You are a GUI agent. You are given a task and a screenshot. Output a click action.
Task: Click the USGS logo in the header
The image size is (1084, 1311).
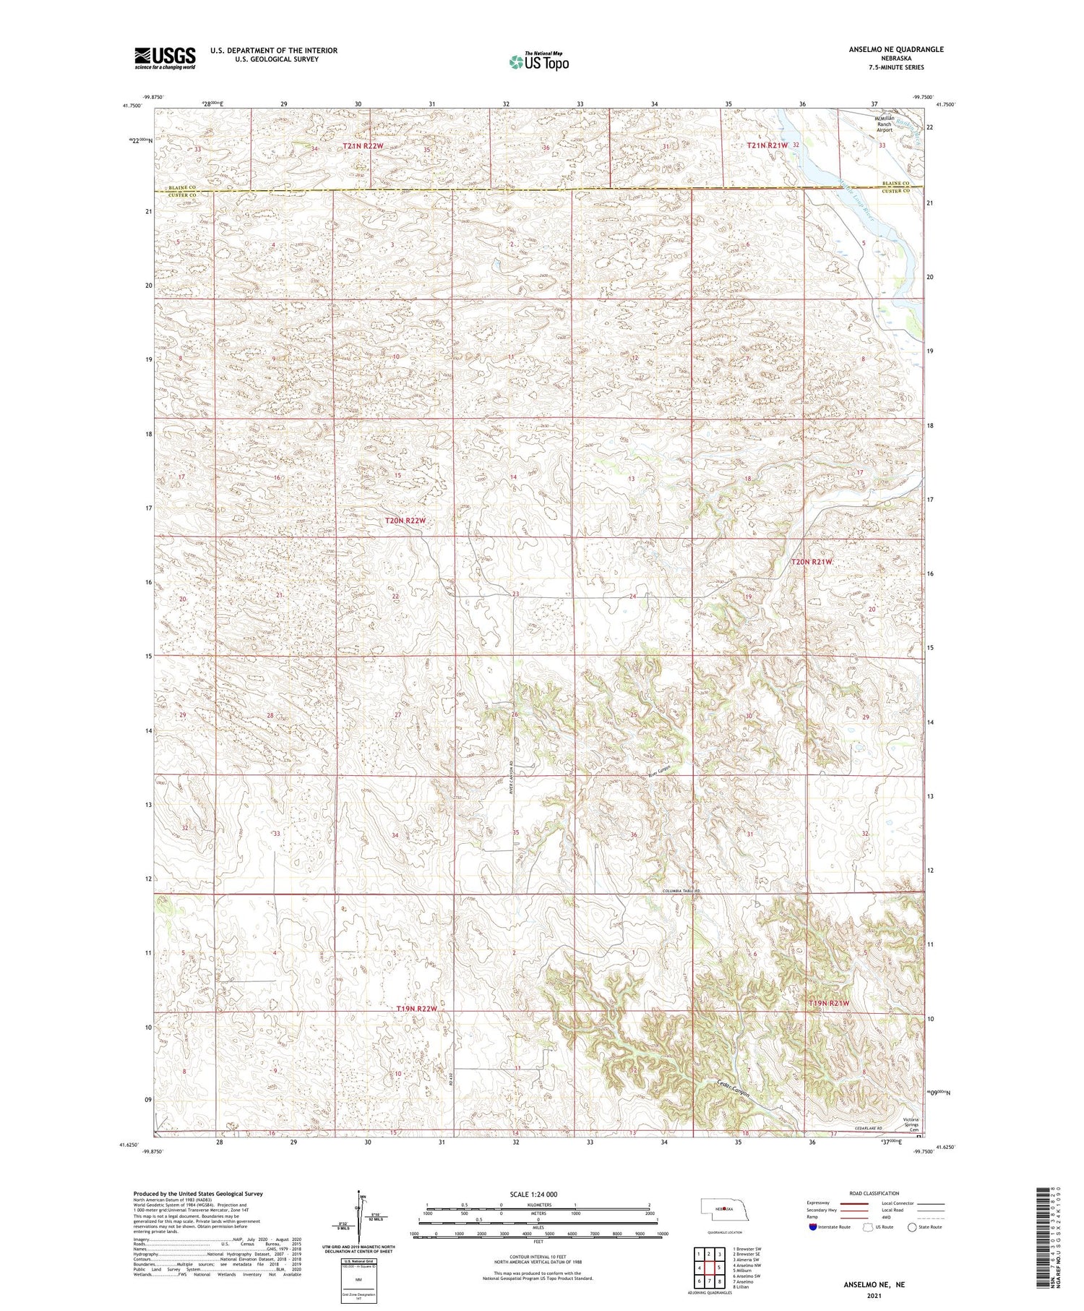(x=165, y=58)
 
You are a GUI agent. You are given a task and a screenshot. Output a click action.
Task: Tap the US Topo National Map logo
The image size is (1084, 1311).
(x=538, y=62)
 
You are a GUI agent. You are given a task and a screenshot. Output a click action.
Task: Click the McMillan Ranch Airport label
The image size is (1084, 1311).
(x=885, y=124)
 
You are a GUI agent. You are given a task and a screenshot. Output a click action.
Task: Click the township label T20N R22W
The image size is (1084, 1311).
(x=405, y=521)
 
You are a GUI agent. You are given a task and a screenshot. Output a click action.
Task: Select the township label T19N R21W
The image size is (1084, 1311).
(x=828, y=1004)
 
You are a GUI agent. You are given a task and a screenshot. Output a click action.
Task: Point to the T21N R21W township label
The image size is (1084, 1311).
(x=767, y=145)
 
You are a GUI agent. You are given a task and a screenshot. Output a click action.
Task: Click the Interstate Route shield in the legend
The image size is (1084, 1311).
(x=813, y=1227)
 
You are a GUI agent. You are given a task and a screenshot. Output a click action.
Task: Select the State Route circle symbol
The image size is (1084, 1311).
(x=912, y=1227)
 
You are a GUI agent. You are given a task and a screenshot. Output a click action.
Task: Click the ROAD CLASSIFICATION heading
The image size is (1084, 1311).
(x=874, y=1193)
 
